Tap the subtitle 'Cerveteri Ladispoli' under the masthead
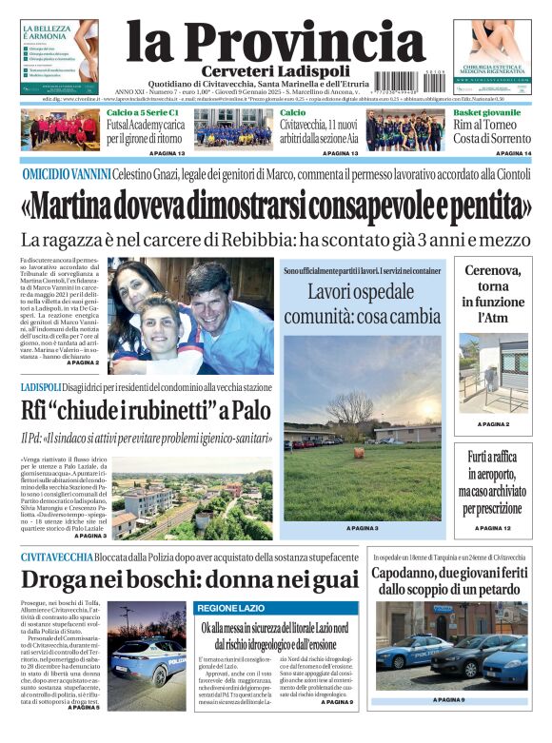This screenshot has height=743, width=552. point(275,73)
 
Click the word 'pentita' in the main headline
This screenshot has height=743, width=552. point(482,205)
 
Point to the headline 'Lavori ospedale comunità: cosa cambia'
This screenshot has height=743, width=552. point(362,303)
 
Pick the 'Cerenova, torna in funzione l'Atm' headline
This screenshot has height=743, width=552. point(492,294)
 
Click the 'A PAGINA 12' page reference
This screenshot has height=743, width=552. point(493,527)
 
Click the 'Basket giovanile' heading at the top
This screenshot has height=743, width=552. point(485,112)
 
